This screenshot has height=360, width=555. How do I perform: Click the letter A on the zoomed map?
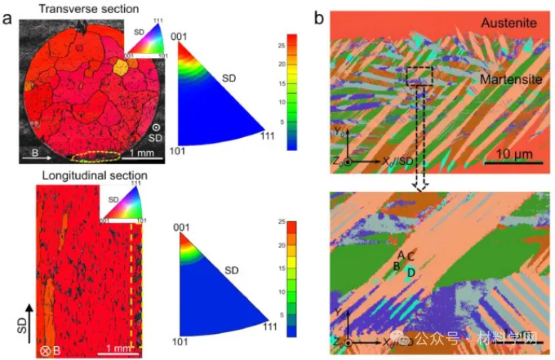point(402,255)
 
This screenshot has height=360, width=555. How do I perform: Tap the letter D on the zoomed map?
point(411,271)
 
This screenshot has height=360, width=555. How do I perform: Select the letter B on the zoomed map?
point(397,266)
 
